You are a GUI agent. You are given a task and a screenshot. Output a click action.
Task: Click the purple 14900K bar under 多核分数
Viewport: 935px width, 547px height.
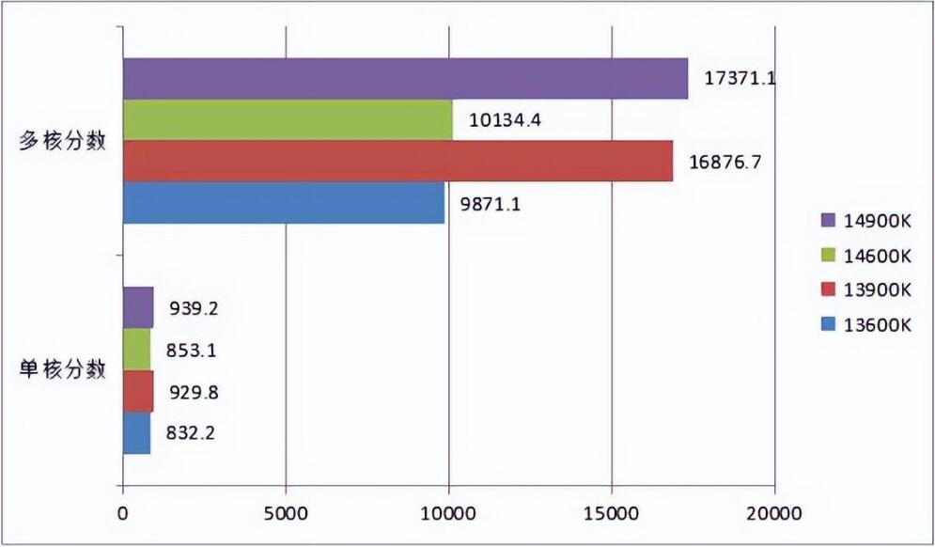[404, 78]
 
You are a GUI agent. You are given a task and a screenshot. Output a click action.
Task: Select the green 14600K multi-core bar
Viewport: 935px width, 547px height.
[287, 119]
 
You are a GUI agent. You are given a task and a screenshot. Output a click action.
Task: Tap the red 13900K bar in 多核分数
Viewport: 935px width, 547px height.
[397, 161]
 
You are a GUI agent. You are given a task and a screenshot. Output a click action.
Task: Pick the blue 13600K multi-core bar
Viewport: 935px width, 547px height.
[283, 202]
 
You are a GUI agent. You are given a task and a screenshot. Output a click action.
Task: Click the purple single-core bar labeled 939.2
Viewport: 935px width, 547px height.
[137, 307]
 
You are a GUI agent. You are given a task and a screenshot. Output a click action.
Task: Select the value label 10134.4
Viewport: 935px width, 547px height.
[505, 120]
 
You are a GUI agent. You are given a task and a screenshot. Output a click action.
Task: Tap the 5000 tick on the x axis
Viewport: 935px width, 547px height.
[285, 514]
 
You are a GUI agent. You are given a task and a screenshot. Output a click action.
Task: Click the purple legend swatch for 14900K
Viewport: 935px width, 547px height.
[827, 220]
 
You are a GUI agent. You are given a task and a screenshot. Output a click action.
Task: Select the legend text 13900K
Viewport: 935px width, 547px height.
[878, 290]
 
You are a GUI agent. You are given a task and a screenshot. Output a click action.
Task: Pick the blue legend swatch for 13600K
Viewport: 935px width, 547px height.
[827, 325]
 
